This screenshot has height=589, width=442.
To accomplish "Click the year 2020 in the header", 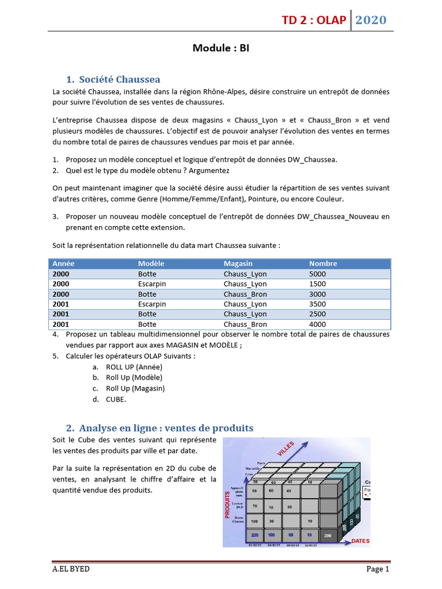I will [371, 21].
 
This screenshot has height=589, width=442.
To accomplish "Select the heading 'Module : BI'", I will [220, 48].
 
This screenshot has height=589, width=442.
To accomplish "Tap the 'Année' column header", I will [63, 263].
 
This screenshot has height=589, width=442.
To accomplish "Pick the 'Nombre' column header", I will [323, 263].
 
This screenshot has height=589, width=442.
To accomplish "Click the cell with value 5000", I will [317, 274].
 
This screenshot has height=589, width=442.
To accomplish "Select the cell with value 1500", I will [317, 284].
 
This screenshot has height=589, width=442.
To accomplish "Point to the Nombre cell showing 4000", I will [317, 324].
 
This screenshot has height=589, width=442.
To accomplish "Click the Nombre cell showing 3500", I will [317, 304].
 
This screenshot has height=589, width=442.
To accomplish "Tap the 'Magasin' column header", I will [238, 263].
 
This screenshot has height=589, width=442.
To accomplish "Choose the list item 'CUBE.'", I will [116, 399].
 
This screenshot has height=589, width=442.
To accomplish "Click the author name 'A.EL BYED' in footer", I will [71, 569].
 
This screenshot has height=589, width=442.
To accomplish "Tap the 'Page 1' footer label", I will [378, 569].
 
